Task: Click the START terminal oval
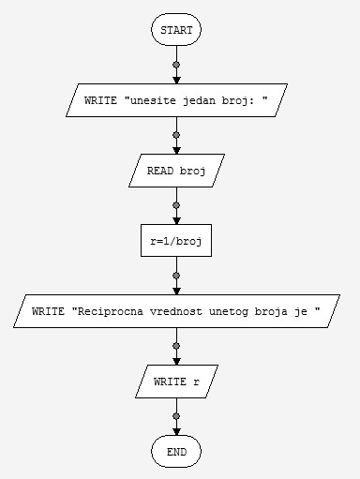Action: (175, 30)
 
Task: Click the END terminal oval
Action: (175, 452)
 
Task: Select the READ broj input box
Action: (175, 171)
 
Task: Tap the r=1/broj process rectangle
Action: (175, 241)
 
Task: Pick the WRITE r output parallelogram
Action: (175, 382)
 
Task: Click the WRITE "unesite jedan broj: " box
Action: (175, 100)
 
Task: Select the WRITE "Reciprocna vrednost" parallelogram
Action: (175, 311)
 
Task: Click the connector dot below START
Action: (175, 65)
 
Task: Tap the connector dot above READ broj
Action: (175, 135)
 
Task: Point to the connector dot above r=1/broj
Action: (175, 205)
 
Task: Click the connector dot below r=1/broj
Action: (175, 276)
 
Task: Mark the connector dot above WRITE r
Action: (175, 346)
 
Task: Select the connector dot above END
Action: (175, 416)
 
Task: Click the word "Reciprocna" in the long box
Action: (108, 311)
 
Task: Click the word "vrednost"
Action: (173, 311)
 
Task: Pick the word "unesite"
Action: (148, 100)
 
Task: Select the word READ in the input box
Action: (160, 171)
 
